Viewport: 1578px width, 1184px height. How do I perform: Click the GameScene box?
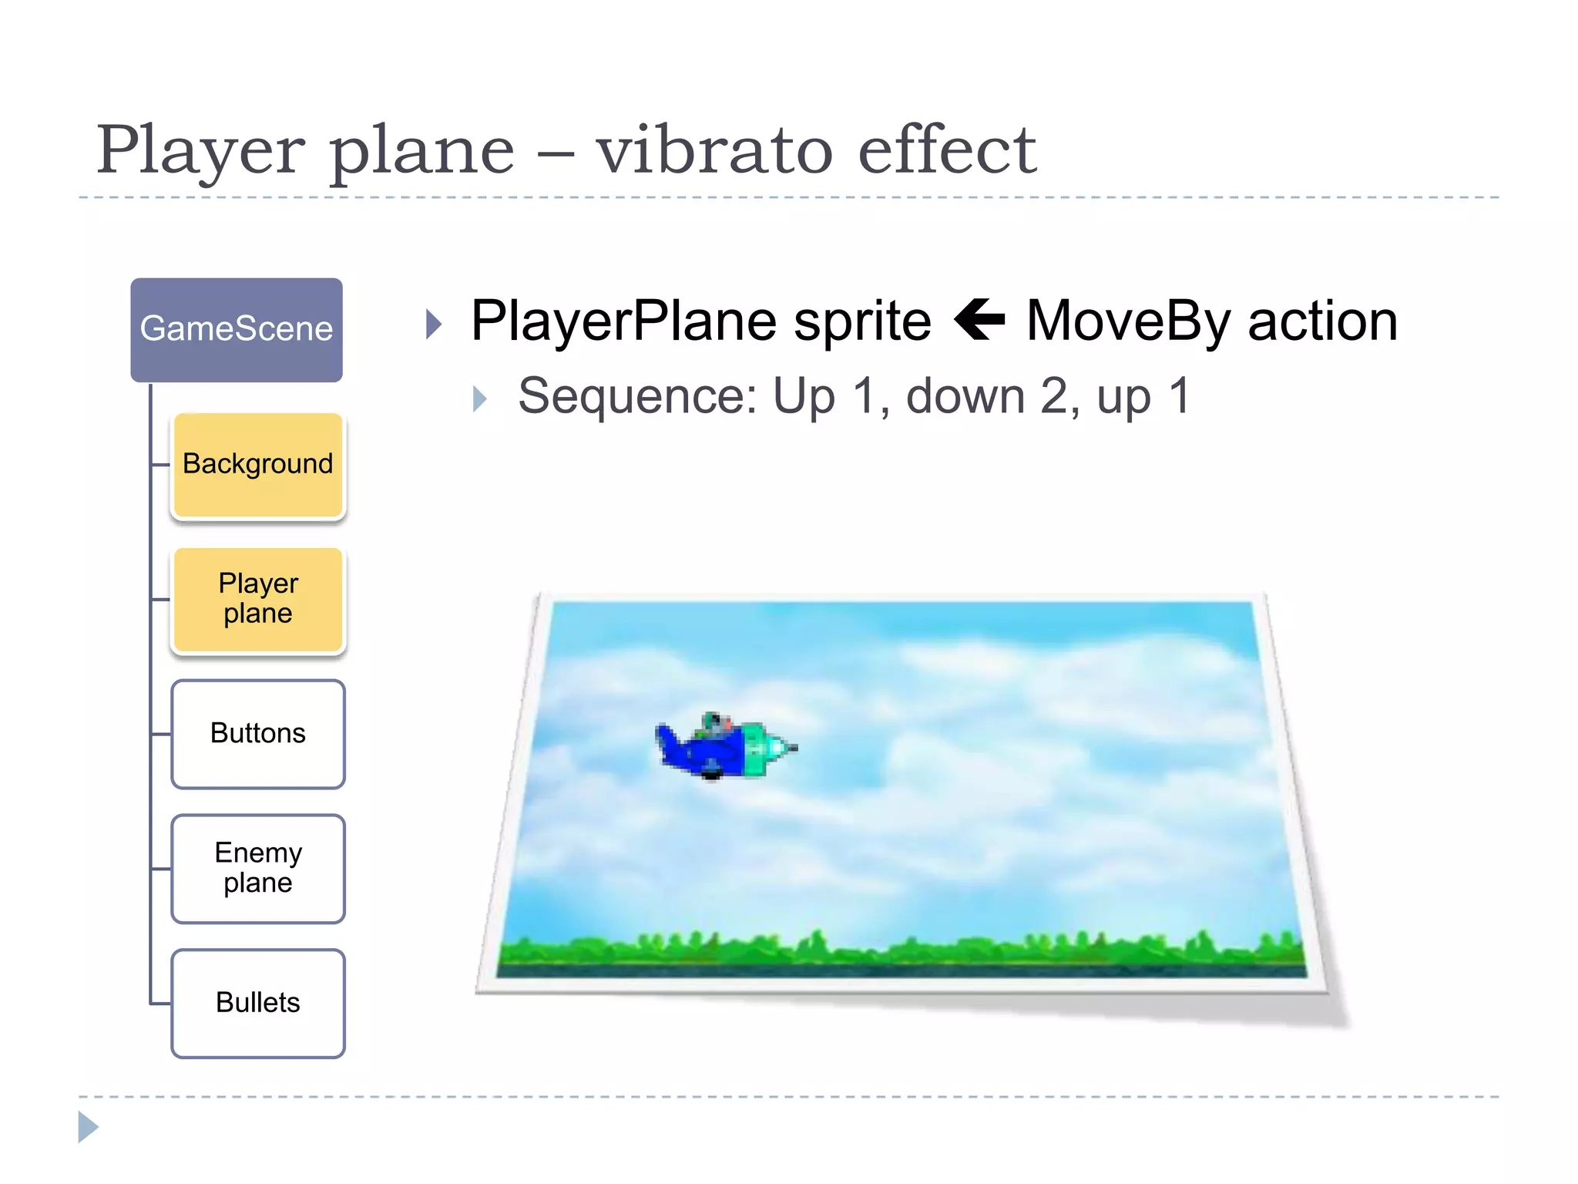(x=237, y=330)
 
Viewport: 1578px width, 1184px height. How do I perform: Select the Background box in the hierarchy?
(x=258, y=465)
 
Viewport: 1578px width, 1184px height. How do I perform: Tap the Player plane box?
(x=258, y=600)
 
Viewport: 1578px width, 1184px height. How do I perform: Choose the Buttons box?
(x=258, y=734)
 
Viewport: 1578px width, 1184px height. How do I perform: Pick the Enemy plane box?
(x=258, y=869)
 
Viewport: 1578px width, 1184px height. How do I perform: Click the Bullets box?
(x=258, y=1003)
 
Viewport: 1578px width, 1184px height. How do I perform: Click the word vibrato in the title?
(x=713, y=150)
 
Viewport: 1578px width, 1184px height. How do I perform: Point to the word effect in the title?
(x=947, y=150)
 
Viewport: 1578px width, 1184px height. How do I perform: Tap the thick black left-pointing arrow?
(x=979, y=319)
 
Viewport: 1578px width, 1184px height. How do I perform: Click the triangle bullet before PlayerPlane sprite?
(x=435, y=324)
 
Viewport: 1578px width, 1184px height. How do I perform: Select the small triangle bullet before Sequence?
(x=480, y=399)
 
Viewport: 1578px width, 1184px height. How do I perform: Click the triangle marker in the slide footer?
(x=88, y=1127)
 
